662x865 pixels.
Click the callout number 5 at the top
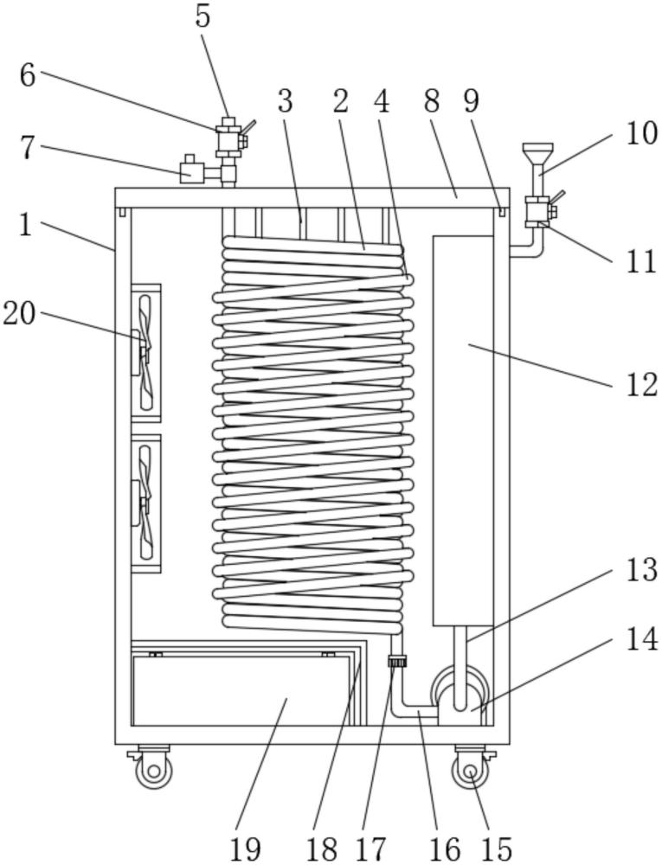click(203, 16)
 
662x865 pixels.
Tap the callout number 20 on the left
click(19, 315)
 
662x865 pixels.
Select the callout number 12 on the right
click(641, 385)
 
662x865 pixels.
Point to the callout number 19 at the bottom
click(245, 849)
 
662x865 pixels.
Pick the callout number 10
click(641, 133)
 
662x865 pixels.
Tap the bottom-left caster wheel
click(152, 768)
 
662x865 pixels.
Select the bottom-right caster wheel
click(471, 768)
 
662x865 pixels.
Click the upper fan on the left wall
click(145, 353)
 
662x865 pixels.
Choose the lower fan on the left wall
click(145, 503)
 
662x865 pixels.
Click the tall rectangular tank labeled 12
click(463, 430)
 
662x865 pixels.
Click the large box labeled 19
click(241, 690)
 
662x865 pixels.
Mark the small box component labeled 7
click(192, 169)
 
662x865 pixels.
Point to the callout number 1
click(26, 225)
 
